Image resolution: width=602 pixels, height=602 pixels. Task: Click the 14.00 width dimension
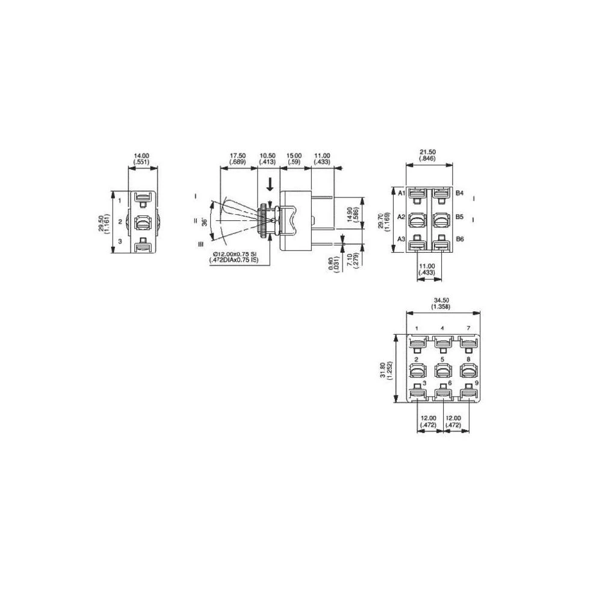[142, 155]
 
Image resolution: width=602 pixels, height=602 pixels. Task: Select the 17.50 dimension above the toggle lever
[238, 155]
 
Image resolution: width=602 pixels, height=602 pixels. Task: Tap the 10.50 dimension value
[267, 155]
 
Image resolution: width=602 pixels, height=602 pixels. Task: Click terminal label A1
[401, 193]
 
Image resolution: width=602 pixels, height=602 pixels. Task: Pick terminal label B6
[460, 240]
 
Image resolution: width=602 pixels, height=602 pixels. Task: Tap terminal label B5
[460, 216]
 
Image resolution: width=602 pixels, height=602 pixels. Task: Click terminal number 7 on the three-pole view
[468, 328]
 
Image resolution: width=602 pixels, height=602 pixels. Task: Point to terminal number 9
[477, 383]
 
